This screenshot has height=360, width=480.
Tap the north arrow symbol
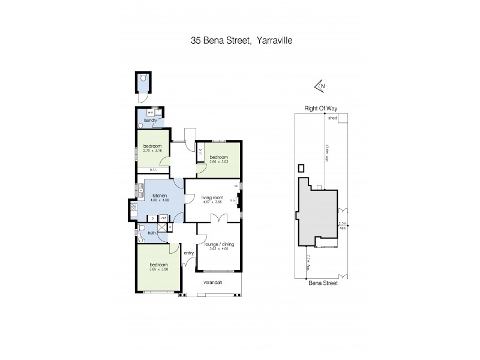[320, 86]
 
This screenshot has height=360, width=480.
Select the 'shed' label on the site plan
[332, 118]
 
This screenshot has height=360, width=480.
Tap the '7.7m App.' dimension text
[308, 261]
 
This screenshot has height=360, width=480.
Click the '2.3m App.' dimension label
[343, 226]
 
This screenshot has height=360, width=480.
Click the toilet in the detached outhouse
[143, 78]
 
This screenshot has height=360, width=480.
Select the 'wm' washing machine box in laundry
[151, 112]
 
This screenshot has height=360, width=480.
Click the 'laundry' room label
[150, 120]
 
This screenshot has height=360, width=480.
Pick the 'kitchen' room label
[159, 196]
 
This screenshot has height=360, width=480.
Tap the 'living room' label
[212, 197]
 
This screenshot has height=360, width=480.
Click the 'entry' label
[188, 253]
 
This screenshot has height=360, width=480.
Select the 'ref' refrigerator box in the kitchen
[163, 218]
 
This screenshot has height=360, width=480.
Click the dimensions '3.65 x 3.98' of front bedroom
[158, 269]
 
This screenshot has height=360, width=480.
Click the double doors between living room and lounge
[214, 222]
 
